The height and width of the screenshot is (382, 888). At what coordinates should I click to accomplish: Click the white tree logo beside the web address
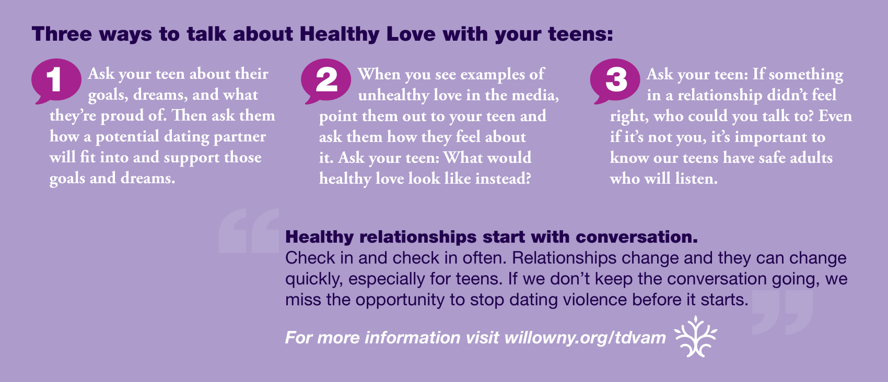point(696,336)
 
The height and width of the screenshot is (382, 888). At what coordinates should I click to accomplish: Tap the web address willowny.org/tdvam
point(585,338)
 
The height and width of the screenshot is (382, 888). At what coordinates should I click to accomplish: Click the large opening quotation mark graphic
point(249,231)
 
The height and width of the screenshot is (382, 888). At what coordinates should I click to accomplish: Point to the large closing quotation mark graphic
point(782,312)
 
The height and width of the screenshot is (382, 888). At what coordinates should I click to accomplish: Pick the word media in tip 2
point(535,95)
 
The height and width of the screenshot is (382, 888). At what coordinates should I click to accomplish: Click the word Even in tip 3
point(835,116)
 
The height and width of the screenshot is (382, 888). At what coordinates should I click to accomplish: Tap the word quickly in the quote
point(313,280)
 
